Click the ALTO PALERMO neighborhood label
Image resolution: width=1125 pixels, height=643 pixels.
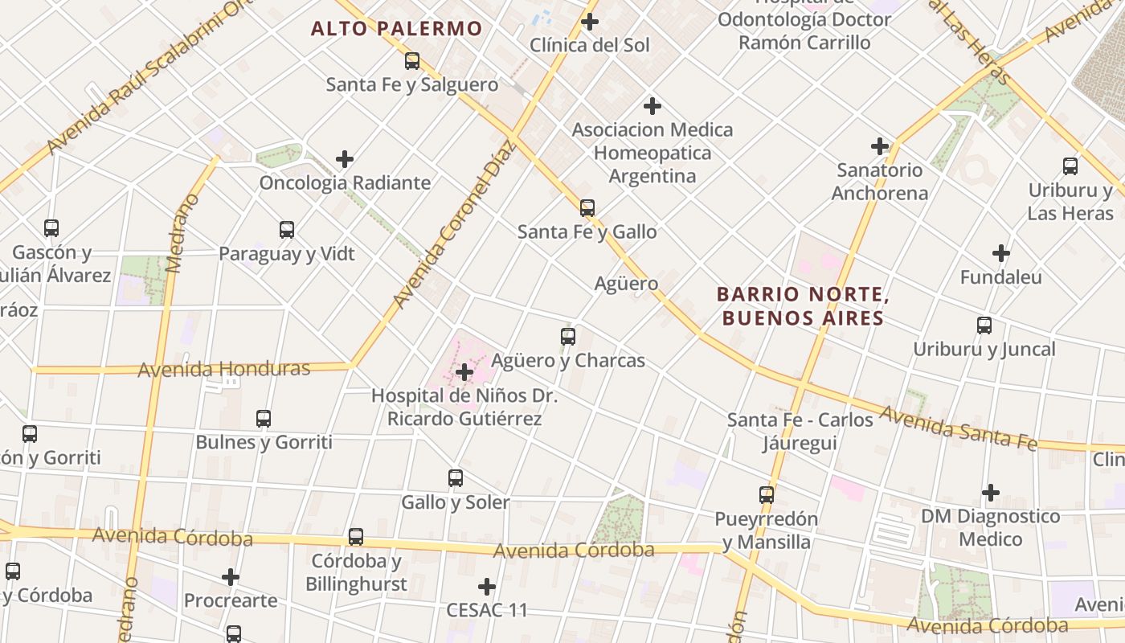(396, 29)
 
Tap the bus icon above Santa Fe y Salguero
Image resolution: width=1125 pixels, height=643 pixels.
(412, 60)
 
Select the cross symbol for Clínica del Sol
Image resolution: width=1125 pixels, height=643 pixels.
(590, 22)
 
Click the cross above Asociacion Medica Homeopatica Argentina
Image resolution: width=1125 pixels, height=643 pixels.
(652, 105)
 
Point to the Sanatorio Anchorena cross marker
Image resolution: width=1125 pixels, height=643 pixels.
(880, 146)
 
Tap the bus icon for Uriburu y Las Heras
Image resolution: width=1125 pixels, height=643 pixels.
(1070, 166)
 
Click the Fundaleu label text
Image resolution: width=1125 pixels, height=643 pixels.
(1000, 277)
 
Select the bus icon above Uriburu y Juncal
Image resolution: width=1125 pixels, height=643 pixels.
(984, 326)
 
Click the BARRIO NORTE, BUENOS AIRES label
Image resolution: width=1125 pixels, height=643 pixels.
(802, 306)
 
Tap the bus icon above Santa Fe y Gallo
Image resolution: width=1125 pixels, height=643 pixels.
(587, 208)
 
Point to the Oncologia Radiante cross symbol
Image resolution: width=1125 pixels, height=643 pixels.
(345, 159)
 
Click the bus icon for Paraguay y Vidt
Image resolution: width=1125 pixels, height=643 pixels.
(287, 230)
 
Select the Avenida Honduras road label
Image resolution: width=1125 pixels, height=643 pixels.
(224, 369)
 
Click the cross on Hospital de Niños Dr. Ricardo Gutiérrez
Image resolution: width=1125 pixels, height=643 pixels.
(464, 372)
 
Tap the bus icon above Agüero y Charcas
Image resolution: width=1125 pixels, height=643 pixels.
(568, 337)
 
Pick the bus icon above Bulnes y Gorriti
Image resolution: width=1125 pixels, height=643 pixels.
(264, 419)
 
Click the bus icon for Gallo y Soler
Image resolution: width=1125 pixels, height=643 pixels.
(456, 478)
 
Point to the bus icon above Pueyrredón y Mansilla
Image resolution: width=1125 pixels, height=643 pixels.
(767, 495)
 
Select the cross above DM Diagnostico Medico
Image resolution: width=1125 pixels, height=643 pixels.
(991, 492)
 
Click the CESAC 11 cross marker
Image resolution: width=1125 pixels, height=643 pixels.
(487, 587)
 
